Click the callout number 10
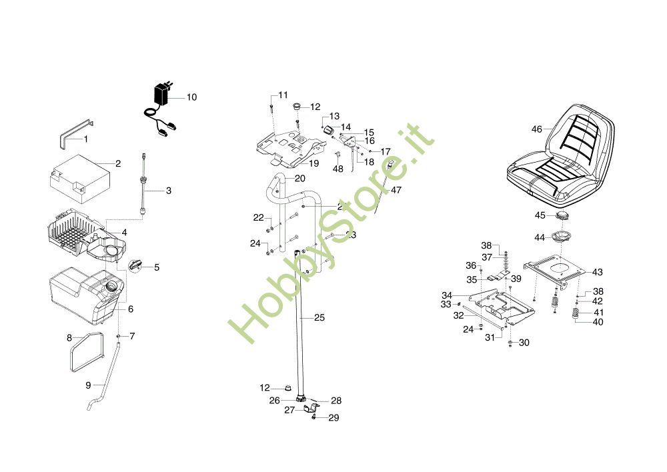(191, 97)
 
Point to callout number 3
(168, 191)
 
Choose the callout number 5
(156, 267)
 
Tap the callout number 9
(88, 385)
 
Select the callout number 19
(313, 163)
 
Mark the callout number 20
(299, 179)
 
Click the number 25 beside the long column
(319, 318)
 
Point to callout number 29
(333, 418)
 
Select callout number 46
(537, 129)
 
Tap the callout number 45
(540, 215)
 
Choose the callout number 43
(597, 272)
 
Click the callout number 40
(598, 323)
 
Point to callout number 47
(396, 190)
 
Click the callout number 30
(524, 343)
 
